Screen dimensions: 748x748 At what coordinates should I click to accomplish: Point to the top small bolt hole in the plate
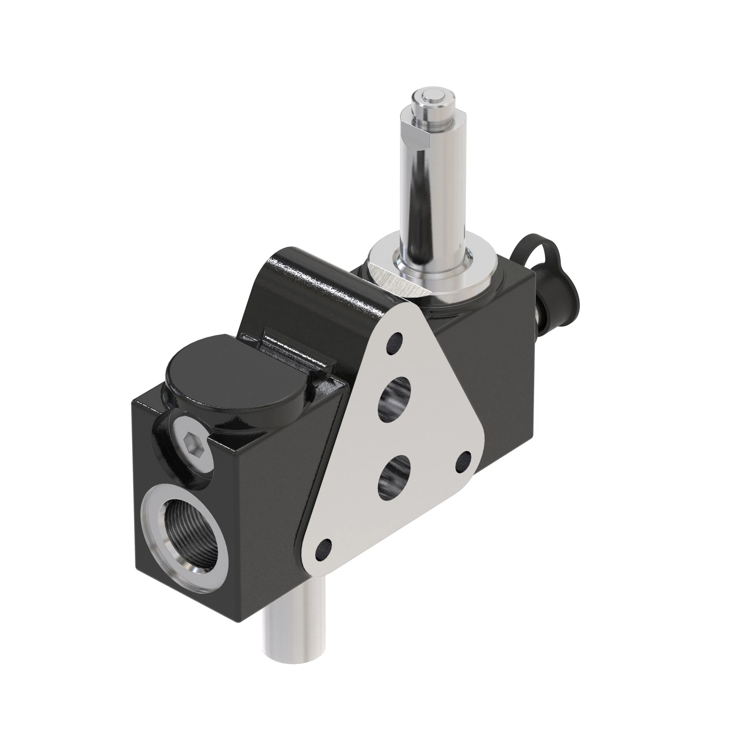coord(394,342)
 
